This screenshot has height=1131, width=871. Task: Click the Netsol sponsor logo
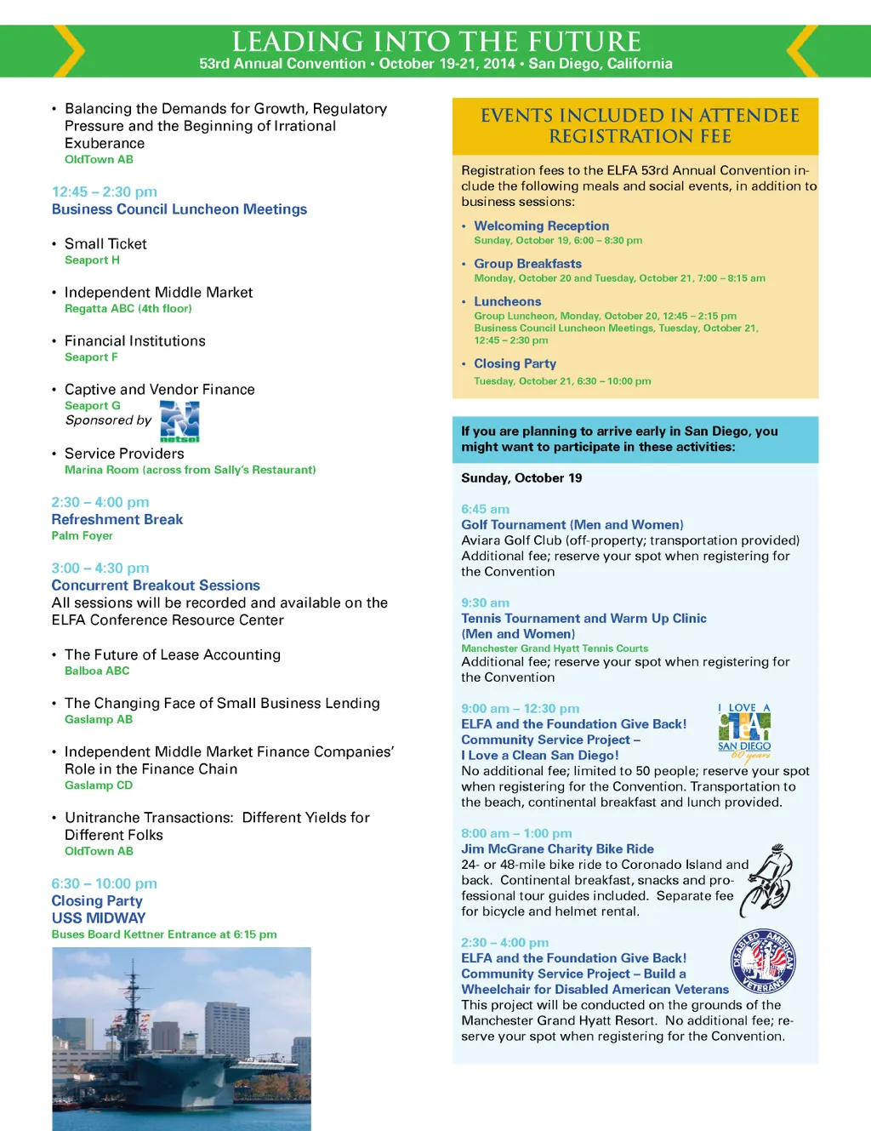point(179,420)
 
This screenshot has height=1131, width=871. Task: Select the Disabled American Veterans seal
point(763,961)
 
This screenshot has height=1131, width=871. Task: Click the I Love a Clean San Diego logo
point(744,731)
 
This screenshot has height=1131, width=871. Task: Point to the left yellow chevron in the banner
point(70,51)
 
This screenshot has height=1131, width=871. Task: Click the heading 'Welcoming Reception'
point(541,226)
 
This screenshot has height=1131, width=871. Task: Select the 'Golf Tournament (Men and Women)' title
point(572,525)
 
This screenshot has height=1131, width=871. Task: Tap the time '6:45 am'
point(485,509)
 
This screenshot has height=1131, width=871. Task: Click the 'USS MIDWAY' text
point(99,917)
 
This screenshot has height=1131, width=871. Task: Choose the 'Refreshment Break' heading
point(117,519)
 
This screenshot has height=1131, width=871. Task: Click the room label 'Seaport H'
point(92,260)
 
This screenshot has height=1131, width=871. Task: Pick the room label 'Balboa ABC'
point(97,671)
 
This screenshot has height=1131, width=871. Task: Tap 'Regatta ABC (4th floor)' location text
point(128,309)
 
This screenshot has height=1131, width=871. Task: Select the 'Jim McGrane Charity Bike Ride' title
point(557,848)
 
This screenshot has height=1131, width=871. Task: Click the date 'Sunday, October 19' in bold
point(521,478)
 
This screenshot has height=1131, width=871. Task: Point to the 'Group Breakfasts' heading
point(527,264)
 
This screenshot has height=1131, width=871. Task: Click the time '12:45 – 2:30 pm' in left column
point(105,191)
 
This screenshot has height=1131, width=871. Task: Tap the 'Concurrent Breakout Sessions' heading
point(156,585)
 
